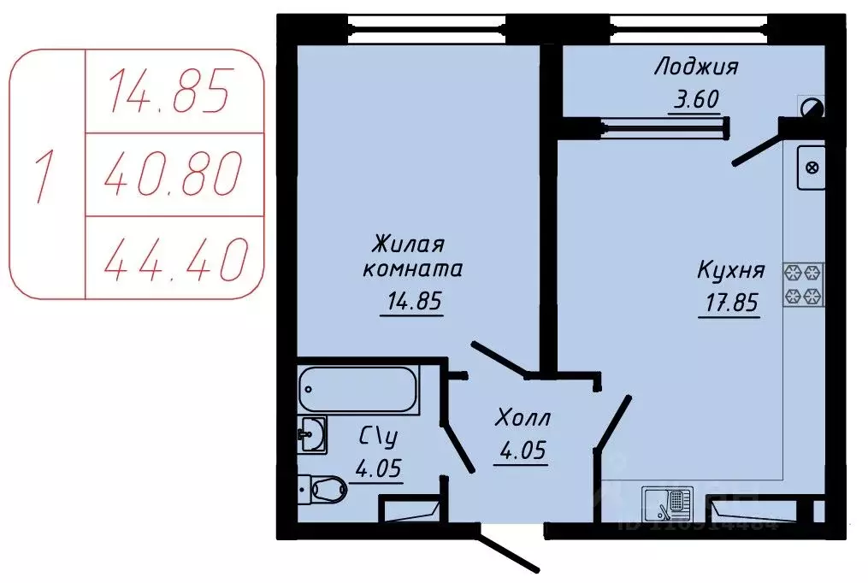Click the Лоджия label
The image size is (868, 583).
pyautogui.click(x=696, y=67)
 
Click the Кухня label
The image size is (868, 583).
pyautogui.click(x=730, y=272)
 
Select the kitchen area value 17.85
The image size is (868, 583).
pyautogui.click(x=729, y=303)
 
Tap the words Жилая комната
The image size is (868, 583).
pyautogui.click(x=413, y=256)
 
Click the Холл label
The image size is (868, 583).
pyautogui.click(x=523, y=419)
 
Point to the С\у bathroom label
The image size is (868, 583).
pyautogui.click(x=378, y=438)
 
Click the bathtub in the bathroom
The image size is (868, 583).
pyautogui.click(x=358, y=390)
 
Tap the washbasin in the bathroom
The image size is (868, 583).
pyautogui.click(x=312, y=434)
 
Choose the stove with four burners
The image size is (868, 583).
pyautogui.click(x=803, y=285)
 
